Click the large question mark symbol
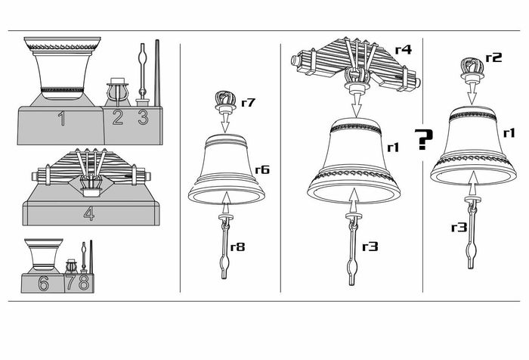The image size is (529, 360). point(423,139)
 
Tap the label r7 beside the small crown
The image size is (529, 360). point(248,102)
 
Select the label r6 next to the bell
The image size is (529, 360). point(262,169)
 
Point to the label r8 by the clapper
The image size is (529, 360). point(237,247)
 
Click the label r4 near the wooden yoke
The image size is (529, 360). point(404,50)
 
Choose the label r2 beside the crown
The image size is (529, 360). point(494,57)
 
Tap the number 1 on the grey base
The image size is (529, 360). point(61,119)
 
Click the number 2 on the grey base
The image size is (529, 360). point(117,117)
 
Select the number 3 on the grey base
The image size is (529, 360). point(143,117)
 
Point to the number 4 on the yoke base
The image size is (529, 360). point(89,213)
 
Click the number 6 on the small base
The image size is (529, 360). point(43,283)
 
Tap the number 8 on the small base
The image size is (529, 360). point(84,282)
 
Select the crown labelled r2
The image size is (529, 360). point(472,70)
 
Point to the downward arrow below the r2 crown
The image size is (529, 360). point(472,93)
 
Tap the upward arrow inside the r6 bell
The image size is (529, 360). point(227,203)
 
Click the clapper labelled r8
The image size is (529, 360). point(225,247)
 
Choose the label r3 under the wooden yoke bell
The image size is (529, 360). point(370,247)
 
